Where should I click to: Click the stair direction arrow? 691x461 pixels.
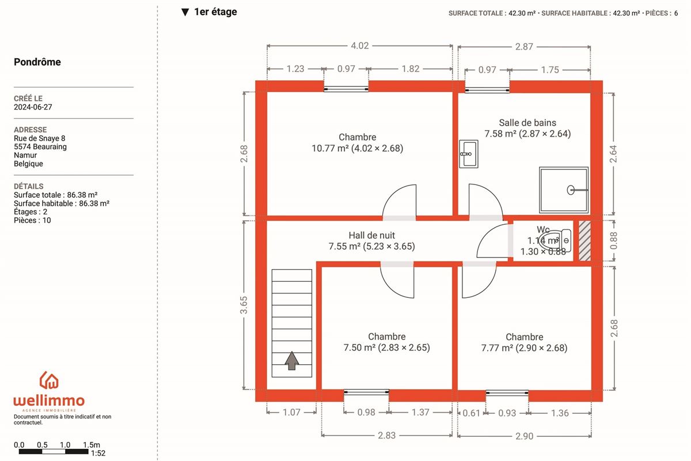coord(291,360)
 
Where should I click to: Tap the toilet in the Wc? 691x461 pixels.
coord(555,240)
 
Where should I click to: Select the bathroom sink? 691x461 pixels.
coord(469,154)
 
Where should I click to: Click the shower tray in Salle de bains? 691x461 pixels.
coord(564,190)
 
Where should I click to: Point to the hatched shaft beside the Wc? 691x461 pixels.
coord(584,241)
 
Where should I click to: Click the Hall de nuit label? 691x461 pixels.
coord(372,235)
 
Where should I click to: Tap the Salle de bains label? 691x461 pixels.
coord(527,123)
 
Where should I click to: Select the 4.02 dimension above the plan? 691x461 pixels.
coord(360,46)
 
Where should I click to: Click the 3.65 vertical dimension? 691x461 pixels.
coord(244,305)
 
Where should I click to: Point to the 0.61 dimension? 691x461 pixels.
coord(471,413)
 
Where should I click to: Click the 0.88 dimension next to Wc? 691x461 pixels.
coord(614,240)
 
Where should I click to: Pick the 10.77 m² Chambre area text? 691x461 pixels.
coord(357,148)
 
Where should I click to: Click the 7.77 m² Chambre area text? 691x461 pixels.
coord(524,348)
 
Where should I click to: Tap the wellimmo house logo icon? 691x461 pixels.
coord(49,380)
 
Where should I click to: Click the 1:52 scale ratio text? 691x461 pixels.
coord(98,454)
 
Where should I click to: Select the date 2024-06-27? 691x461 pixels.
coord(33,107)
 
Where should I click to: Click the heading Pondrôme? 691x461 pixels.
coord(37,62)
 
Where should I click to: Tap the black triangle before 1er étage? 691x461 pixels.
coord(185,12)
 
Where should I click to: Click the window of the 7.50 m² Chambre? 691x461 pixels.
coord(366,392)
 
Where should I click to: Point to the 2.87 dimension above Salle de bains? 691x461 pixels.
coord(524,47)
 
